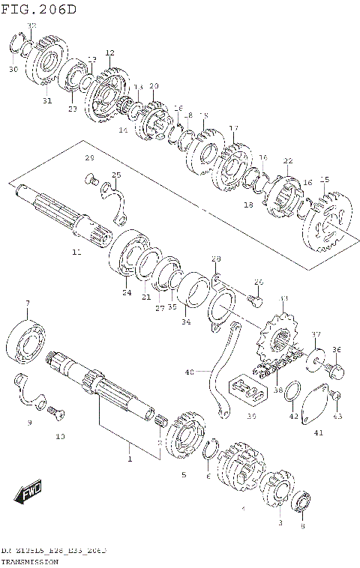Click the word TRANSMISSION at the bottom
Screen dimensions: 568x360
click(34, 560)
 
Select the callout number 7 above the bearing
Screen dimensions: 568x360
click(27, 303)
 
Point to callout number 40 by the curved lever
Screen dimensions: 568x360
click(189, 371)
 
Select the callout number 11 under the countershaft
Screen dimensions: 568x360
click(76, 253)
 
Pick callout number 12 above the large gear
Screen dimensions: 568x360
click(109, 52)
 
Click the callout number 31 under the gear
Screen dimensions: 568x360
click(46, 102)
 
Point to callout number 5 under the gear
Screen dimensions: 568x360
click(183, 474)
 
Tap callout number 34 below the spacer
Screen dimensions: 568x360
click(186, 323)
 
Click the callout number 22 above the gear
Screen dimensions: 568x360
click(287, 161)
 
